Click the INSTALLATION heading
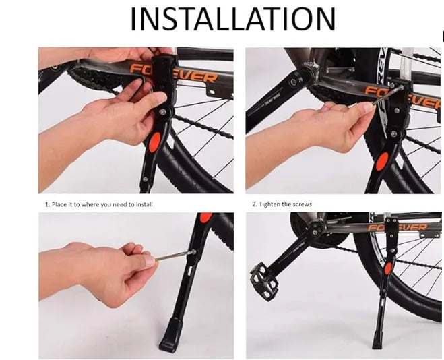coord(232,19)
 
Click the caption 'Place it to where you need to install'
coord(102,204)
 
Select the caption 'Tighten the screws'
coord(286,204)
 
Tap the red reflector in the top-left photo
coord(154,143)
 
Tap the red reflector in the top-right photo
coord(382,161)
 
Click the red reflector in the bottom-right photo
coord(387,268)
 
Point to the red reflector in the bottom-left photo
coord(206,217)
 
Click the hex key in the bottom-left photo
coord(174,256)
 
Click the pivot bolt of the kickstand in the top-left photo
coord(162,111)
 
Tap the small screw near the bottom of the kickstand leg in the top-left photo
coord(145,179)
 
